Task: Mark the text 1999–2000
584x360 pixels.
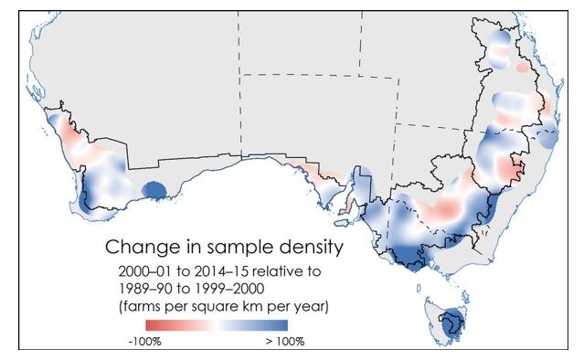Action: click(228, 289)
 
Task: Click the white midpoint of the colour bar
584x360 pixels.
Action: click(217, 325)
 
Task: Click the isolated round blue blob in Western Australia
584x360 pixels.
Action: click(154, 190)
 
